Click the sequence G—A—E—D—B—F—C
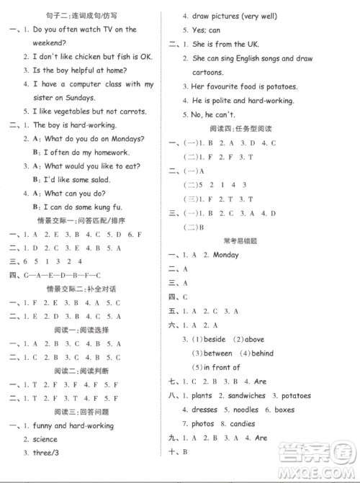click(63, 275)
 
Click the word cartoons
click(208, 71)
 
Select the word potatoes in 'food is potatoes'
click(276, 86)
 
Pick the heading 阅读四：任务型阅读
click(250, 127)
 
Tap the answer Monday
click(225, 255)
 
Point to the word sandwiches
click(240, 396)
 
